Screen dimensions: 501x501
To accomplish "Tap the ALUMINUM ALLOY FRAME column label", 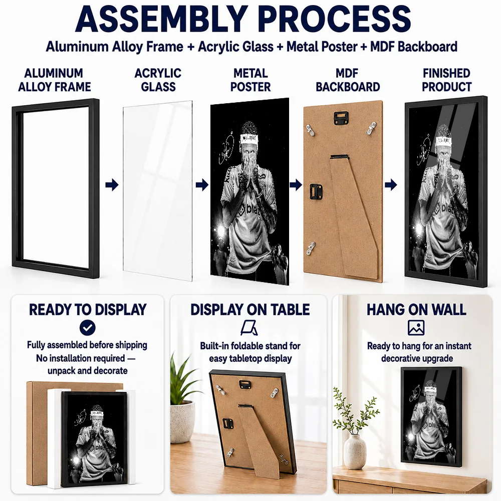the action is point(54,80).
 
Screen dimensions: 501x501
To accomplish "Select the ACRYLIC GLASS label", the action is point(158,80).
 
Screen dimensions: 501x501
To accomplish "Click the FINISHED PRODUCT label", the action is point(446,80).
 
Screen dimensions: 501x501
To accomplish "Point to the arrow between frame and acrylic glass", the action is point(112,185).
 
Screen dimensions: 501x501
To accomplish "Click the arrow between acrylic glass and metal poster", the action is point(202,185).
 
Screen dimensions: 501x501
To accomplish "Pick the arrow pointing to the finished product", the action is point(391,185).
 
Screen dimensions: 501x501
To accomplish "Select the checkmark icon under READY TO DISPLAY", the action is point(88,328).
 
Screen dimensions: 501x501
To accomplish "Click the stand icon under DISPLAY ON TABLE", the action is point(249,328).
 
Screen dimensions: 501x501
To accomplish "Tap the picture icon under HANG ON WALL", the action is point(416,328).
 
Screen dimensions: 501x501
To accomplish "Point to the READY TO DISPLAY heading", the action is point(88,310).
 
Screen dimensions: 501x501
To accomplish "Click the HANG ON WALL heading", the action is point(416,310).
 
